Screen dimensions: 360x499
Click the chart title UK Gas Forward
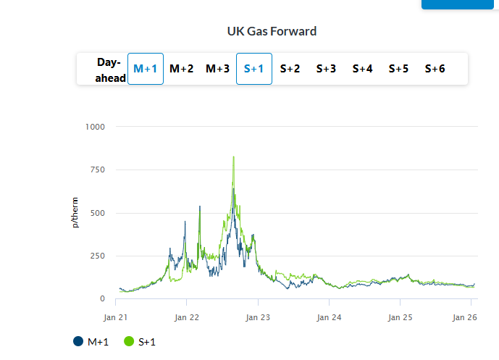click(x=272, y=31)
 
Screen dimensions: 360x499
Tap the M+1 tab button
click(x=146, y=69)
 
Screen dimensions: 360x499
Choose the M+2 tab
click(x=182, y=69)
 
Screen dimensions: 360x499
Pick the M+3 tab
click(x=218, y=69)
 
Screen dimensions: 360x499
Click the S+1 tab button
click(x=254, y=69)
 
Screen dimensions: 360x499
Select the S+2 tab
click(x=290, y=69)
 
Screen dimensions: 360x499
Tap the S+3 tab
click(x=327, y=69)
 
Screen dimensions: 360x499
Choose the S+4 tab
click(x=363, y=69)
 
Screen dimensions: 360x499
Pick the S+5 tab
click(x=399, y=69)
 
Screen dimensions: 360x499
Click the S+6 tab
click(x=435, y=69)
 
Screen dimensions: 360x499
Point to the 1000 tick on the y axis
click(x=96, y=127)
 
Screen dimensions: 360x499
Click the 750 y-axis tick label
click(x=98, y=169)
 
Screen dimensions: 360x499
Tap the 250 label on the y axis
click(x=98, y=256)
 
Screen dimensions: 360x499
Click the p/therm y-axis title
click(x=75, y=212)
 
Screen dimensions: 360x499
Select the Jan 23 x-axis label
click(x=259, y=317)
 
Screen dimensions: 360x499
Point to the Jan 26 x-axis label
click(x=464, y=317)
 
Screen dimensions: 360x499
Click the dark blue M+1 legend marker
click(x=78, y=341)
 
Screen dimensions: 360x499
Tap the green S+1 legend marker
click(x=129, y=341)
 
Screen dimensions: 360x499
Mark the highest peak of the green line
click(x=233, y=156)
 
